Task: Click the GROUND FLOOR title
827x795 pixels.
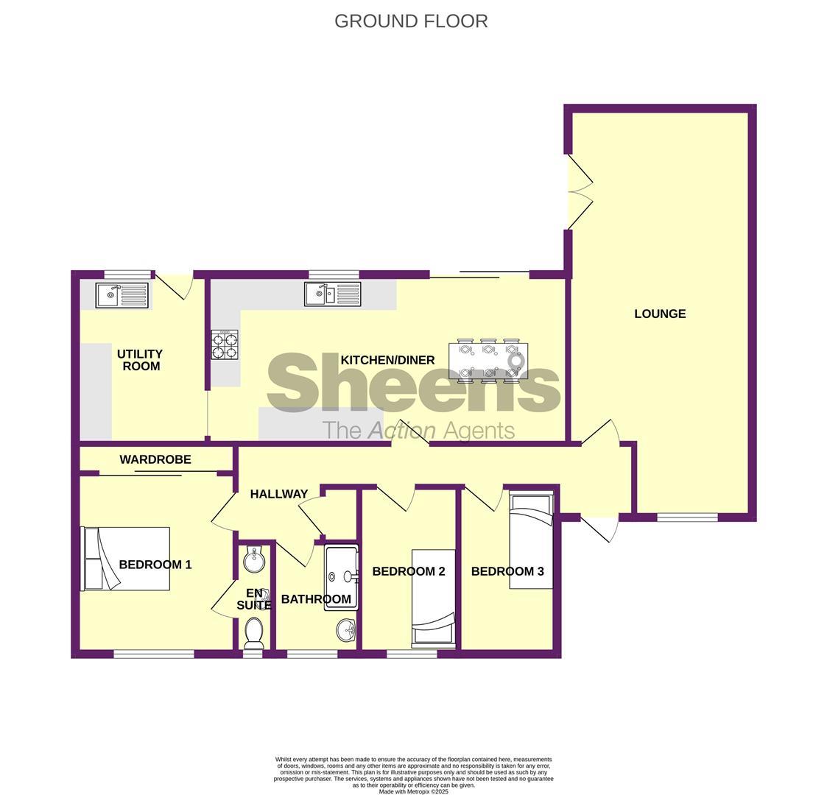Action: tap(411, 21)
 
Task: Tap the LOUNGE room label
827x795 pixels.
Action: tap(660, 314)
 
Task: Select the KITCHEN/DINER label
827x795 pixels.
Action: tap(387, 360)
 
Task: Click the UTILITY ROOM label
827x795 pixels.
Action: tap(140, 360)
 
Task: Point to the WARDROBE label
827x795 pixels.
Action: tap(155, 459)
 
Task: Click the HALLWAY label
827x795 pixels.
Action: tap(278, 494)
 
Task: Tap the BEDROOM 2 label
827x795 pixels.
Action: tap(408, 571)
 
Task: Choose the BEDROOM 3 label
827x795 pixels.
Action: tap(507, 571)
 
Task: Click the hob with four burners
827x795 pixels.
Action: tap(225, 344)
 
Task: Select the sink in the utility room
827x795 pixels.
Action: tap(122, 295)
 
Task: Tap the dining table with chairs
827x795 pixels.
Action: tap(488, 361)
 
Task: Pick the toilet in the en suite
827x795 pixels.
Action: tap(253, 633)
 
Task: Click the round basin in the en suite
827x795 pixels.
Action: tap(253, 559)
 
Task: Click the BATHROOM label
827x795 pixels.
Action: tap(316, 599)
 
